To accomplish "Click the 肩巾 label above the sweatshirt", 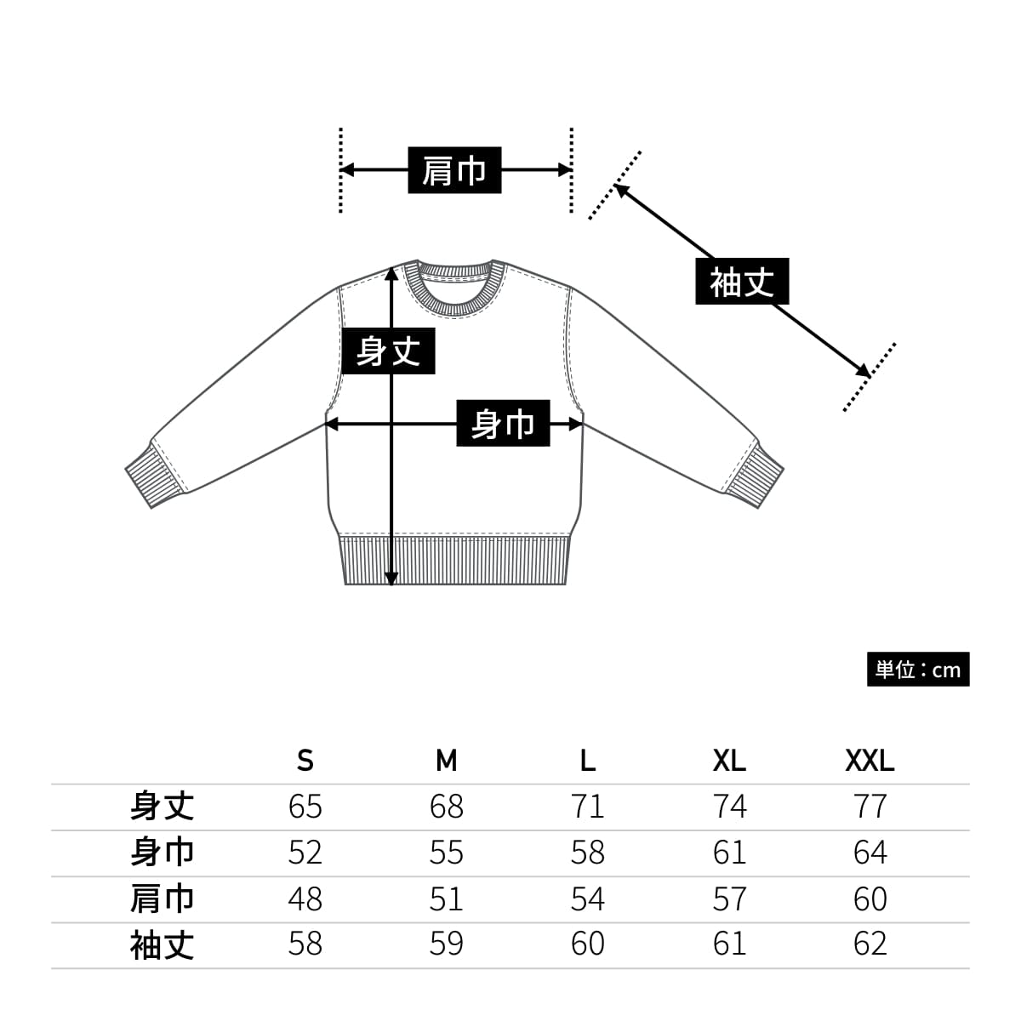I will click(454, 170).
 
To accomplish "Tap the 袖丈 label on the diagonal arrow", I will click(742, 282).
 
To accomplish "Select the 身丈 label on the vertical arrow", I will click(388, 351).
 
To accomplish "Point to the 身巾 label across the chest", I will click(503, 423).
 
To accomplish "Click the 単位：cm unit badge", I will click(918, 670).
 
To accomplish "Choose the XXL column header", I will click(870, 760).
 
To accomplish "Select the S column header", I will click(305, 760).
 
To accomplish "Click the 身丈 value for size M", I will click(447, 807).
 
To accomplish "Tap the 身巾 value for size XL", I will click(729, 853).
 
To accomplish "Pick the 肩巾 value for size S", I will click(305, 898).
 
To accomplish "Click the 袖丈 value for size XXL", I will click(870, 944).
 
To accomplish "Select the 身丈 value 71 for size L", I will click(588, 807).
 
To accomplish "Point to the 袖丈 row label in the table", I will click(162, 944).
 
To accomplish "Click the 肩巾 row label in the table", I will click(162, 898).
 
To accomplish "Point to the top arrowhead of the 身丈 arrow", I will click(391, 271).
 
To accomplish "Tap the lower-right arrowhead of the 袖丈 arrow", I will click(863, 370).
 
